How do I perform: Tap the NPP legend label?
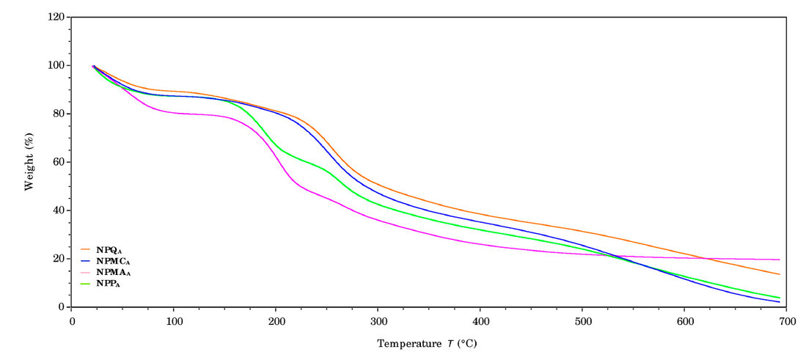pyautogui.click(x=108, y=283)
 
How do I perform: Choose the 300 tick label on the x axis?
pyautogui.click(x=378, y=322)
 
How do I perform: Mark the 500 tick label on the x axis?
pyautogui.click(x=582, y=322)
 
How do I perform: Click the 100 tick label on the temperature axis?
pyautogui.click(x=174, y=322)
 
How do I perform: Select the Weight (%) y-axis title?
pyautogui.click(x=29, y=161)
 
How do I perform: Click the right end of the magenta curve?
pyautogui.click(x=779, y=260)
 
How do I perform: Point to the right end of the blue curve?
pyautogui.click(x=779, y=302)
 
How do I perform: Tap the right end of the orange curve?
pyautogui.click(x=779, y=274)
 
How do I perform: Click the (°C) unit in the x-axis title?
pyautogui.click(x=473, y=343)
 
